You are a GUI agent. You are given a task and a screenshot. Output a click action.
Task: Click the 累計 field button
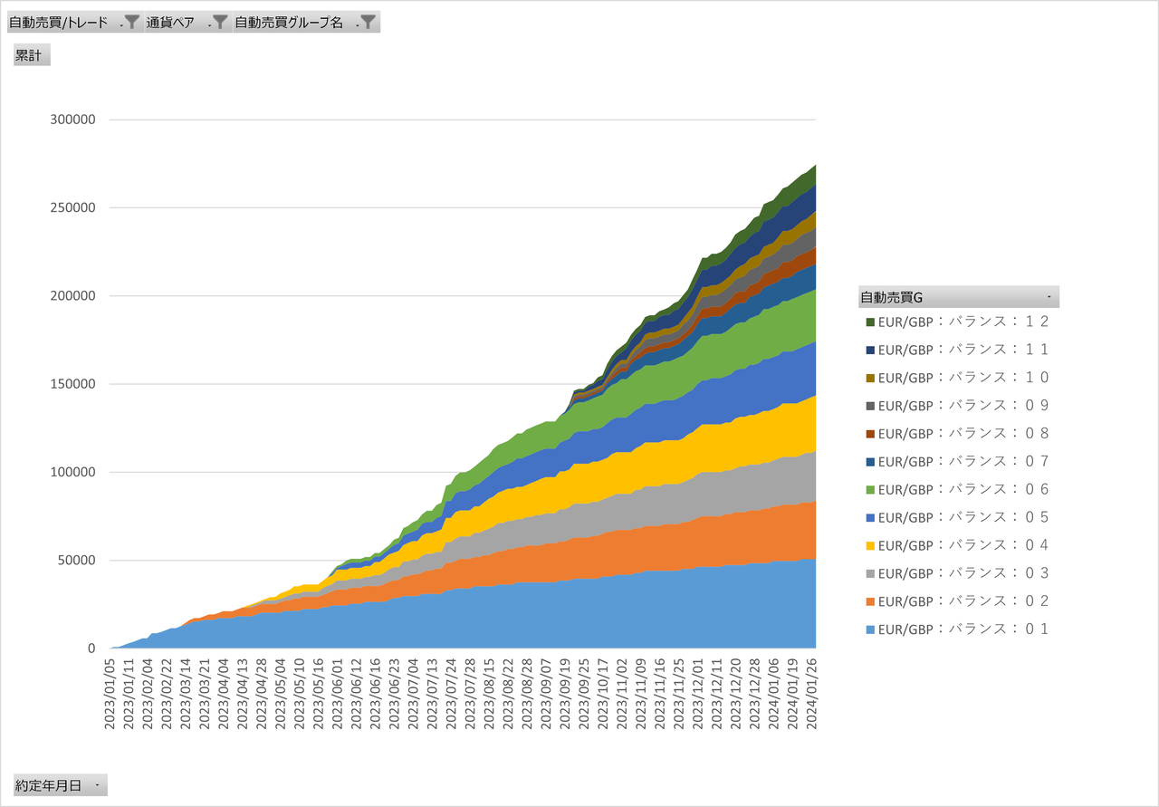(x=32, y=55)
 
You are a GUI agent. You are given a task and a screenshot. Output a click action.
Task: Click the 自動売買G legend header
(x=958, y=296)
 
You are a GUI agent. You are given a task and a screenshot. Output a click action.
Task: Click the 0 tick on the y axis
(x=91, y=648)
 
